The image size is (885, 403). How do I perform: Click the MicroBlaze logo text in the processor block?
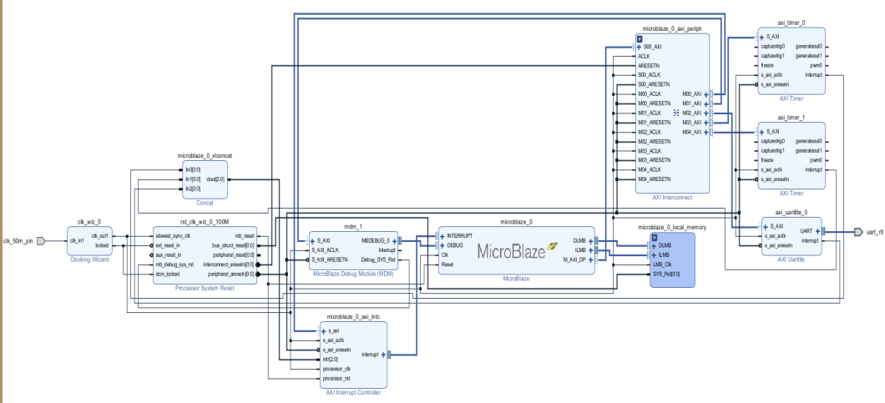512,249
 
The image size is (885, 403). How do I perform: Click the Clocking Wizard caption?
88,259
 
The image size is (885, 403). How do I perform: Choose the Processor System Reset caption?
205,288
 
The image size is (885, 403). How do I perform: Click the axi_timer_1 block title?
791,118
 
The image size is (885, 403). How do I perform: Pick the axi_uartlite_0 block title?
791,212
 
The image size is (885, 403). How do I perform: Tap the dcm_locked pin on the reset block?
168,273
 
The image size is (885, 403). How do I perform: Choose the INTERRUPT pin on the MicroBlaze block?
460,236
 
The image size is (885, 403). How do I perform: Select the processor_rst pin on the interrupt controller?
338,378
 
